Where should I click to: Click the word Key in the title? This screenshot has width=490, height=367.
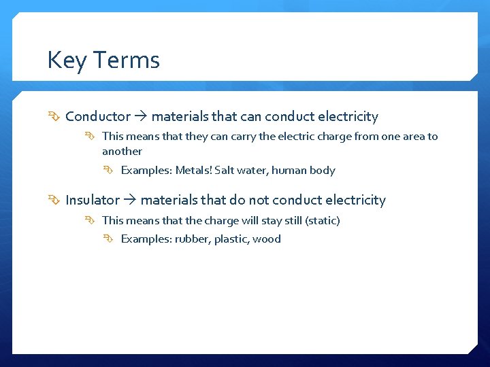point(64,61)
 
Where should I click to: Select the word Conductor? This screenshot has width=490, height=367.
point(98,117)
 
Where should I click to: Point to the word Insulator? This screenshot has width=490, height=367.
point(93,200)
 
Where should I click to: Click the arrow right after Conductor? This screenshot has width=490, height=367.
point(141,117)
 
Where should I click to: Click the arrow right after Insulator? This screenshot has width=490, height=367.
point(130,200)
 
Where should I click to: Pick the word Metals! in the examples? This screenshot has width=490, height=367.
point(194,171)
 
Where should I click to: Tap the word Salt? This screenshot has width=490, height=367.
point(225,171)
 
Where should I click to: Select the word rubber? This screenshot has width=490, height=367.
point(192,239)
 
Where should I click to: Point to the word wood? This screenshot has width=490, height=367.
point(267,239)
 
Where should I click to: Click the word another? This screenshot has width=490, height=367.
point(122,152)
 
